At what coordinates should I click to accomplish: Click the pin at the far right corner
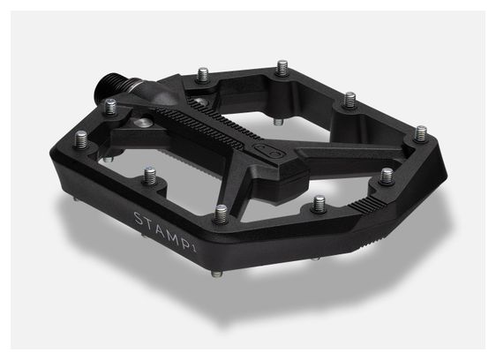click(x=422, y=133)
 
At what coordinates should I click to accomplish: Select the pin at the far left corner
click(x=81, y=139)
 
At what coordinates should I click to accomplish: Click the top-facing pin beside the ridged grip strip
click(x=387, y=175)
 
